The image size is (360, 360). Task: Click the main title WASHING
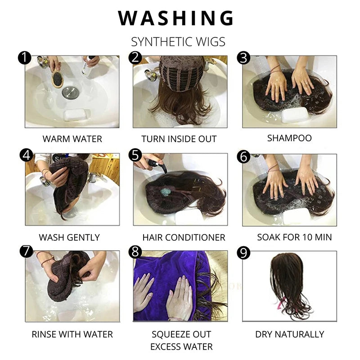point(176,18)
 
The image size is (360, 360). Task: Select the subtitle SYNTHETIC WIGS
point(178,42)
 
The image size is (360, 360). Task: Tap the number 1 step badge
point(24,58)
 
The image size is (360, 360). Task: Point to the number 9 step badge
point(243,253)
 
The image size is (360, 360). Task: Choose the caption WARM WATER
point(72,139)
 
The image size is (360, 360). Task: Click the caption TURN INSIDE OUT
point(179,139)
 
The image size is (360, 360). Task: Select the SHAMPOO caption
point(289,138)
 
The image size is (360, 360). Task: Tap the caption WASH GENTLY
point(69,237)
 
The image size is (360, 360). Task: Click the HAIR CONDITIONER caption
point(184,237)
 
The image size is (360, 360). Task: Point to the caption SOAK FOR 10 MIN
point(294,237)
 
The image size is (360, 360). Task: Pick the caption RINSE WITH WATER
point(72,334)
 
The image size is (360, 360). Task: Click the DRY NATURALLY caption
point(289,334)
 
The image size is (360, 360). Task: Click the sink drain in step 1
point(70,93)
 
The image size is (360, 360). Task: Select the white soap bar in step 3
point(295,114)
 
